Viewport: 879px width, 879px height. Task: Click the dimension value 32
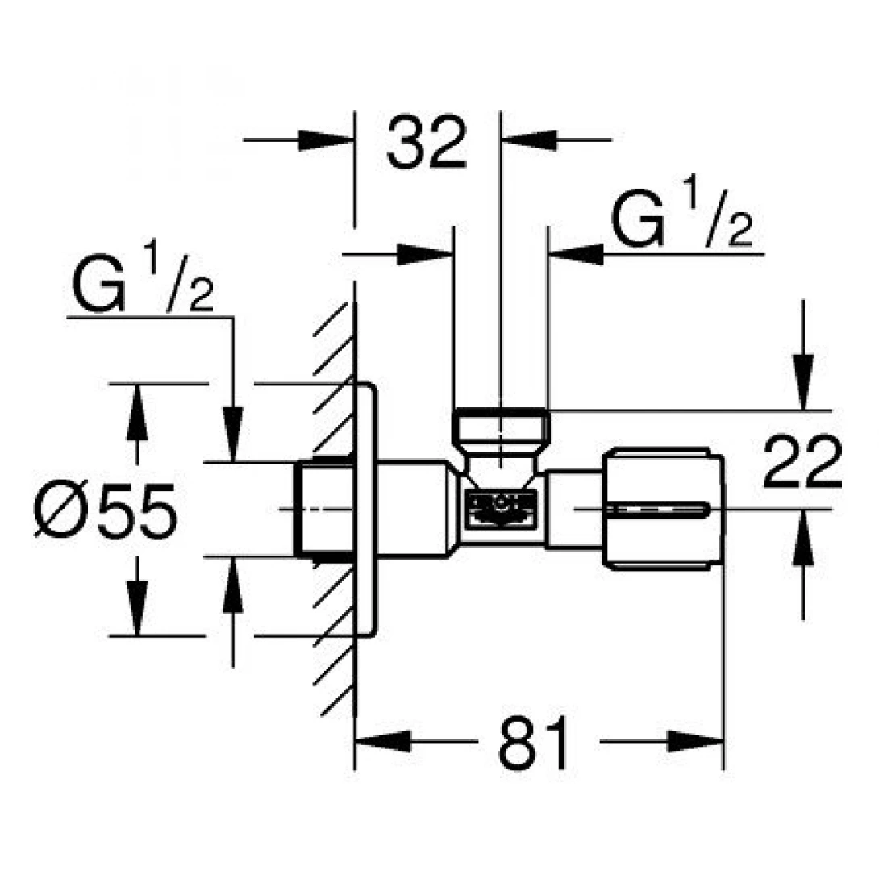pos(427,144)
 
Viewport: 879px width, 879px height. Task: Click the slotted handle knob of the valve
pos(663,509)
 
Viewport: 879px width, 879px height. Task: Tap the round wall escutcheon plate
pos(366,510)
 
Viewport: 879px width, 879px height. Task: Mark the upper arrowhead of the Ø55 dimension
pos(137,410)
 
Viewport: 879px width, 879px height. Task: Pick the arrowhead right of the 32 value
pos(529,140)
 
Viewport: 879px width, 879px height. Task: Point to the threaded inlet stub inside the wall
pos(323,509)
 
